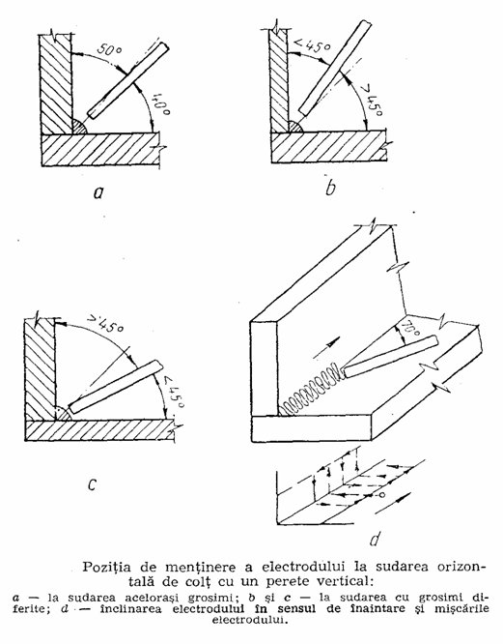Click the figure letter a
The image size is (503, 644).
click(x=98, y=192)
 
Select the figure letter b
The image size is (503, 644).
click(x=330, y=187)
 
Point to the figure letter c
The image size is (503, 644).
click(x=92, y=485)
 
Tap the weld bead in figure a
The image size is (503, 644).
click(x=79, y=127)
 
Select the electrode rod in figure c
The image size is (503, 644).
click(x=115, y=387)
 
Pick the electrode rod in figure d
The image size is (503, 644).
click(x=390, y=356)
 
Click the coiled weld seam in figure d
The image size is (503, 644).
click(x=311, y=389)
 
